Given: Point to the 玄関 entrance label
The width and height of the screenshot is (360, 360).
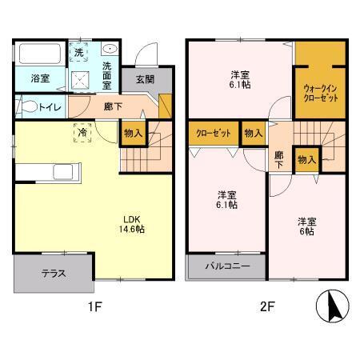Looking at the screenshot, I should click(144, 78).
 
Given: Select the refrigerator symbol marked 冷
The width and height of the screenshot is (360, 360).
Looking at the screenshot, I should click(82, 134).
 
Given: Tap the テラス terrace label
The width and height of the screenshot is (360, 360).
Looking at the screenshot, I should click(54, 273).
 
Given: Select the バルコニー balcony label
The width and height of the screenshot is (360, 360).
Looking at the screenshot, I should click(226, 266).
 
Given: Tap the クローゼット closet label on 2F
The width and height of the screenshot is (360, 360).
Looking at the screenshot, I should click(212, 134).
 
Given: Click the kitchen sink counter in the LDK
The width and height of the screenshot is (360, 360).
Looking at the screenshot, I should click(48, 173).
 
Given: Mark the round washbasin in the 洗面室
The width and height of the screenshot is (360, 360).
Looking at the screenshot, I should click(110, 49).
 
